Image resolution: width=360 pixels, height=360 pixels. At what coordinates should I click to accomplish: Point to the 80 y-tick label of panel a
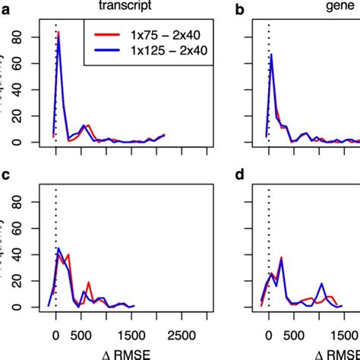coord(26,37)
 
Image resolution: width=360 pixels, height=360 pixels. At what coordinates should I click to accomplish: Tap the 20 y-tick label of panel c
coord(26,281)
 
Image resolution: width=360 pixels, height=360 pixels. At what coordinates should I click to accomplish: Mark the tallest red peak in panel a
coord(59,33)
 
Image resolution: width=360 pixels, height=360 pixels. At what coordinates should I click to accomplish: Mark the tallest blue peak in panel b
coord(272,55)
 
